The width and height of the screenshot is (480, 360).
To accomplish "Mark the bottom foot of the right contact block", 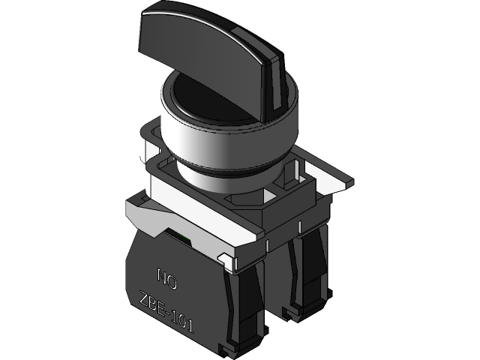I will (x=292, y=308).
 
